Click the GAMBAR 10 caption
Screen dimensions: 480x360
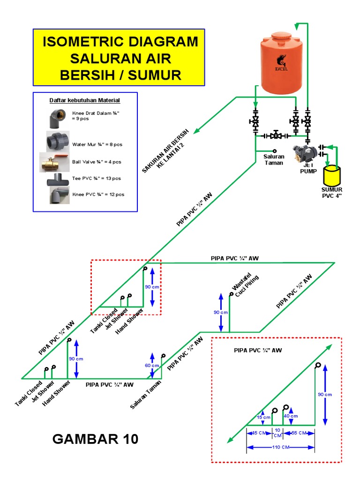click(96, 439)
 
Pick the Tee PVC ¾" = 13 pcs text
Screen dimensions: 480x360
click(97, 178)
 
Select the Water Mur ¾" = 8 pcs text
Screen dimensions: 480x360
click(97, 144)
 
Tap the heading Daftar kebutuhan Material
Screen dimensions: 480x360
click(85, 100)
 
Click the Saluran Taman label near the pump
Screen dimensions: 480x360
click(274, 160)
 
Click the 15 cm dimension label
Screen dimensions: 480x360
click(264, 417)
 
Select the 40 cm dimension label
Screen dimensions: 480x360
click(291, 416)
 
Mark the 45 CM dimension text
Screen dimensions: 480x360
click(258, 433)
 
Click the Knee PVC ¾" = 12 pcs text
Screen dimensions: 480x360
click(98, 194)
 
